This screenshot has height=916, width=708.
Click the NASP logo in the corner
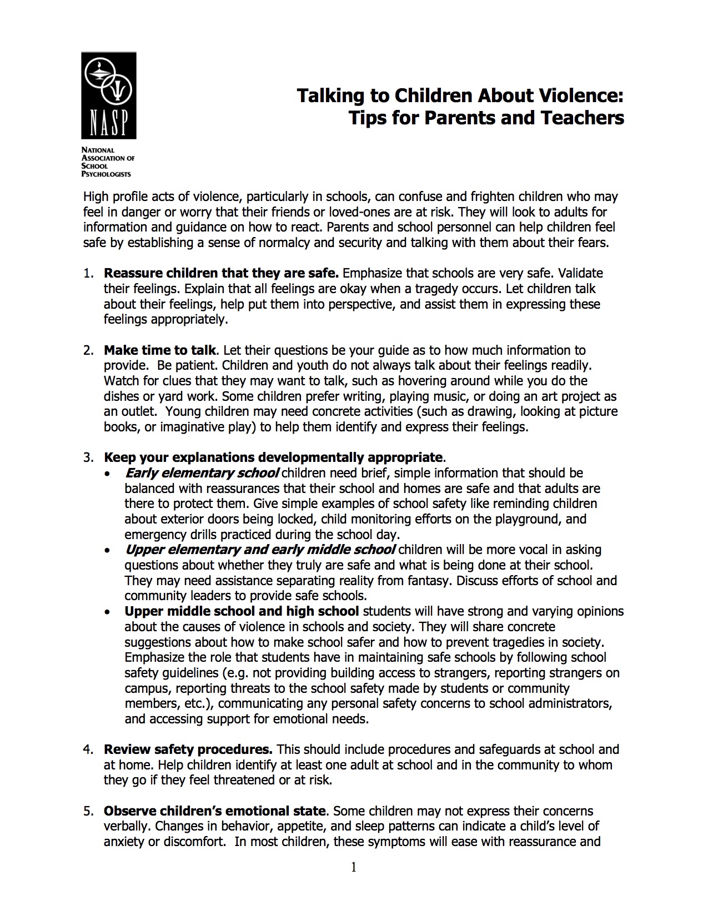[x=109, y=95]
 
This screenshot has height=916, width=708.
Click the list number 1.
[x=87, y=273]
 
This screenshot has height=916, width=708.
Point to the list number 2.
[x=87, y=350]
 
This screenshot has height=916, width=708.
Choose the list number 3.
[x=87, y=457]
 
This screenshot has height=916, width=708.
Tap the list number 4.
[x=87, y=749]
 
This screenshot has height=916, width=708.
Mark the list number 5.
[x=87, y=811]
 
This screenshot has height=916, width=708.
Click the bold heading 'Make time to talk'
[x=160, y=350]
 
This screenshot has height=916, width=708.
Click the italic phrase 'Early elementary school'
[x=202, y=473]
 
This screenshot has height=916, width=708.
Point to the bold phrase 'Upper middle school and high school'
[x=242, y=611]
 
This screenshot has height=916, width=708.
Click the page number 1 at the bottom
[x=354, y=867]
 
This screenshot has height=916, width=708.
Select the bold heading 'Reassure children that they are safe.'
[x=221, y=273]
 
